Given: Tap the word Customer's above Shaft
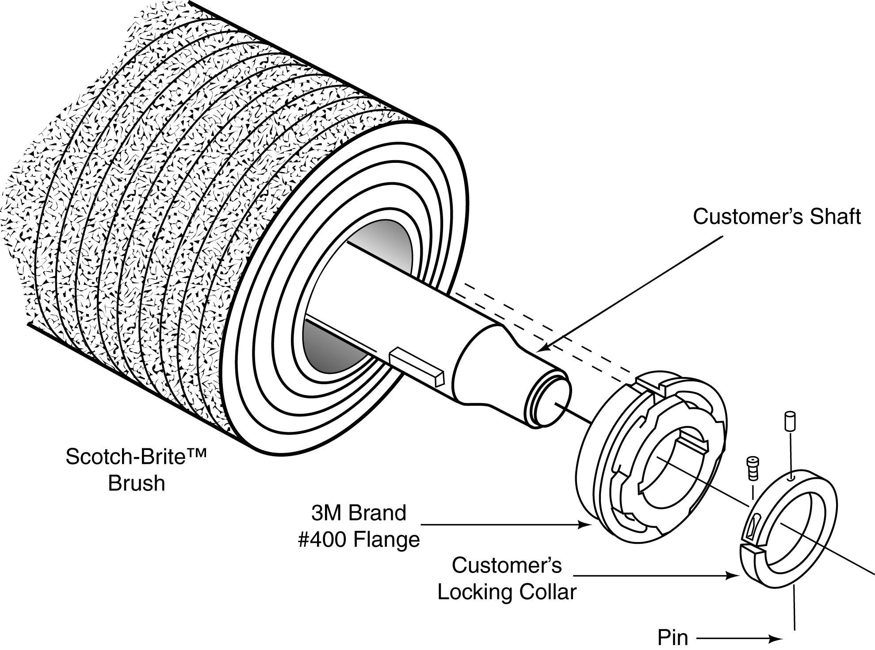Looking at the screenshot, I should [x=747, y=217].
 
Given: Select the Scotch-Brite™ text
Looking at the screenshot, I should [x=136, y=457].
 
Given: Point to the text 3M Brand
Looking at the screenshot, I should [x=358, y=513].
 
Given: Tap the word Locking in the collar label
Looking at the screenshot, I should [x=475, y=592].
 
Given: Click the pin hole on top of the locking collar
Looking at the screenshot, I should [x=792, y=477].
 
